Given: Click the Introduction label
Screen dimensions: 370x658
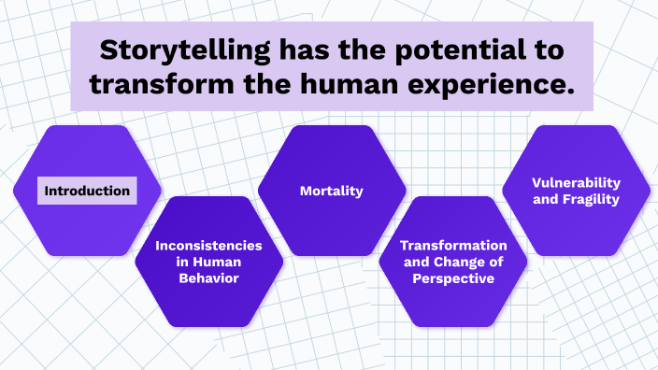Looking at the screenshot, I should pos(87,191).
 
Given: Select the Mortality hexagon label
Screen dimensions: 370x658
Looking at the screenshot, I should pos(331,191).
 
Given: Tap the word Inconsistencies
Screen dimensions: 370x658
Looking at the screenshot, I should pos(207,245).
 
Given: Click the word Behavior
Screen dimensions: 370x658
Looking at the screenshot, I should pos(207,278).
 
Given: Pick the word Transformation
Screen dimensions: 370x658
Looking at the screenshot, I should pos(453,245).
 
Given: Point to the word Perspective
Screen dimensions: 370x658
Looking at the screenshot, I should pos(452,278).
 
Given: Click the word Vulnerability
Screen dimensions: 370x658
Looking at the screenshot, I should pos(576,182).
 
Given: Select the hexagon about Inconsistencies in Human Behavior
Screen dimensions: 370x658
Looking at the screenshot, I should pos(207,299).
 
